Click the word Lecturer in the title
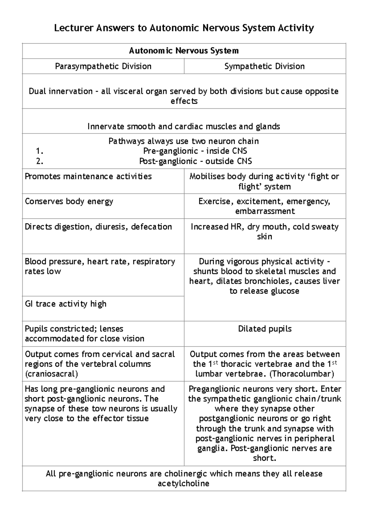[x=74, y=28]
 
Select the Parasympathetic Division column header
[x=103, y=66]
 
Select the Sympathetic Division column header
[x=264, y=66]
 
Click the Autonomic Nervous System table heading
[x=184, y=51]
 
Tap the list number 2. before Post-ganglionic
[x=40, y=161]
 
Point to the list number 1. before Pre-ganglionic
[x=40, y=151]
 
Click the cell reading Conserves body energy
[x=69, y=202]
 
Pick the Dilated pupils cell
[x=265, y=329]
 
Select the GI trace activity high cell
[x=66, y=304]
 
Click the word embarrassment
[x=265, y=211]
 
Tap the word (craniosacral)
[x=51, y=374]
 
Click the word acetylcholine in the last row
[x=183, y=484]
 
